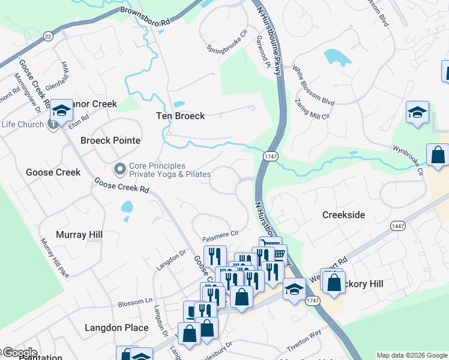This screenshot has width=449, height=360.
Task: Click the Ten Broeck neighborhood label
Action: (181, 116)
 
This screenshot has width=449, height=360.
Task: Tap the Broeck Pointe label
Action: (110, 140)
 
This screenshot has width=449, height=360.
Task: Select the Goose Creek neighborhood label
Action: (53, 172)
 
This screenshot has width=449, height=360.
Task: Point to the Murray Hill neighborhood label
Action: (79, 235)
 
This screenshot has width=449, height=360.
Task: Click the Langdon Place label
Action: (116, 328)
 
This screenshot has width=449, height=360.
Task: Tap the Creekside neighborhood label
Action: (343, 215)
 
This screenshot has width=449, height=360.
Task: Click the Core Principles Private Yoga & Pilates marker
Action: (119, 167)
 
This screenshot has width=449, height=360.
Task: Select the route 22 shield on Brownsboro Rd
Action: (48, 37)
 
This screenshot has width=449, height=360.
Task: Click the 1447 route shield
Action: (397, 226)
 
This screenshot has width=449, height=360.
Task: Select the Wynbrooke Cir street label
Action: (409, 159)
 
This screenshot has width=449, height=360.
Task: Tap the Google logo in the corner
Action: (19, 353)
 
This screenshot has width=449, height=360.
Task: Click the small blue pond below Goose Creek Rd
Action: (127, 208)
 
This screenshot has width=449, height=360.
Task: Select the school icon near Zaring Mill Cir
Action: (417, 112)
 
